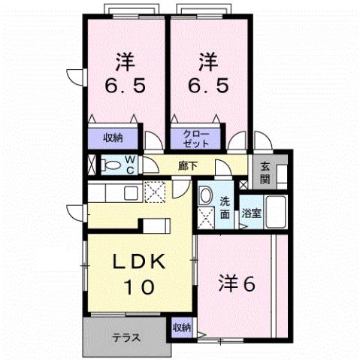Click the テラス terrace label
pos(126,336)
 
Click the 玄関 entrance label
pos(265,172)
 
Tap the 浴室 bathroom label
pos(250,213)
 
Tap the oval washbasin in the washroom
pos(206,197)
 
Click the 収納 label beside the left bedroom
pos(113,138)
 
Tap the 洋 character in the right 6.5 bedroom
pos(208,59)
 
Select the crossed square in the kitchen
pos(155,192)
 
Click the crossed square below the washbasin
pos(206,218)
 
